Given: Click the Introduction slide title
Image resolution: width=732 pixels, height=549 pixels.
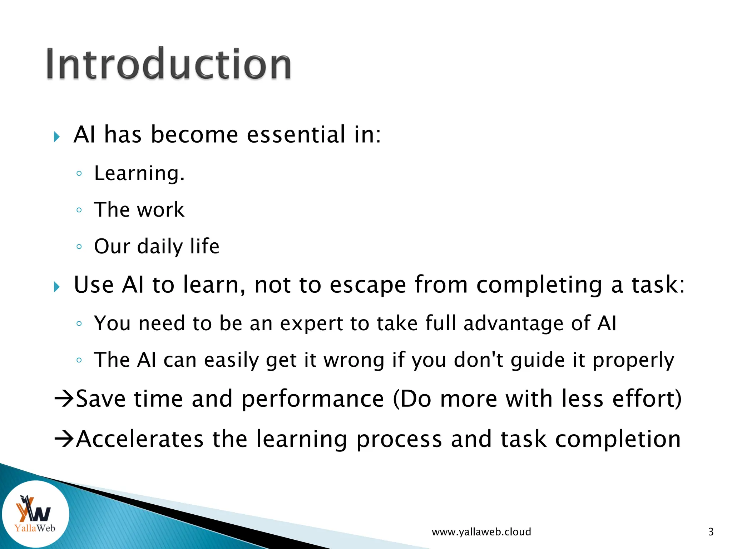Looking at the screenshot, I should coord(169,64).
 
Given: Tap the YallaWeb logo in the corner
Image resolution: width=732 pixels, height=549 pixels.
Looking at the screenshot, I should coord(35,514).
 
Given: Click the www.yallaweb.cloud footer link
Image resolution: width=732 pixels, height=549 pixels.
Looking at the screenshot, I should coord(481,532).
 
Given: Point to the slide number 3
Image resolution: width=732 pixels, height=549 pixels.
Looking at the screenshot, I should coord(711,532).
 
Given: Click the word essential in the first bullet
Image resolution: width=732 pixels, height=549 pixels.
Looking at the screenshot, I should coord(295,135).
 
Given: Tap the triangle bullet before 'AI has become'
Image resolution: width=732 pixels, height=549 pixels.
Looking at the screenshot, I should coord(57,137).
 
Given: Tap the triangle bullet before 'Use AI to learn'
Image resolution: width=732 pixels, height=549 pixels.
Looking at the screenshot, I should coord(57,287).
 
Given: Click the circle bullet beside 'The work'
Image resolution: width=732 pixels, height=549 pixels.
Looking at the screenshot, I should coord(79,210).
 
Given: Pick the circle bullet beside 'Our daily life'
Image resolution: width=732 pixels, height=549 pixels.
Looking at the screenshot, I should coord(79,246).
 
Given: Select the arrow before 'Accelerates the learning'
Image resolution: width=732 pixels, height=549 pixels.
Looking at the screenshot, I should coord(64,439).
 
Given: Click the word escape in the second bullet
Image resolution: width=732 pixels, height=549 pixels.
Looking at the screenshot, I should coord(367,285).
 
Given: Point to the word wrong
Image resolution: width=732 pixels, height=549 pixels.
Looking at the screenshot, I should coord(354,360).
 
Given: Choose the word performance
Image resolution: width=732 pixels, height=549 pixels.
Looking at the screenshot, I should coord(313,399).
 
